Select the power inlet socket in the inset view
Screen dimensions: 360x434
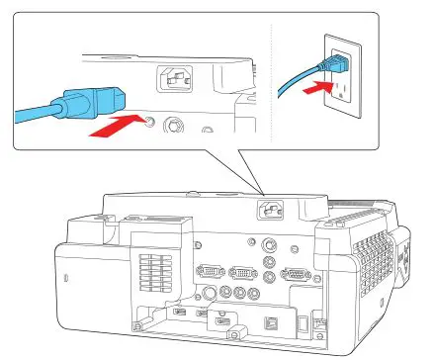(178, 77)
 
